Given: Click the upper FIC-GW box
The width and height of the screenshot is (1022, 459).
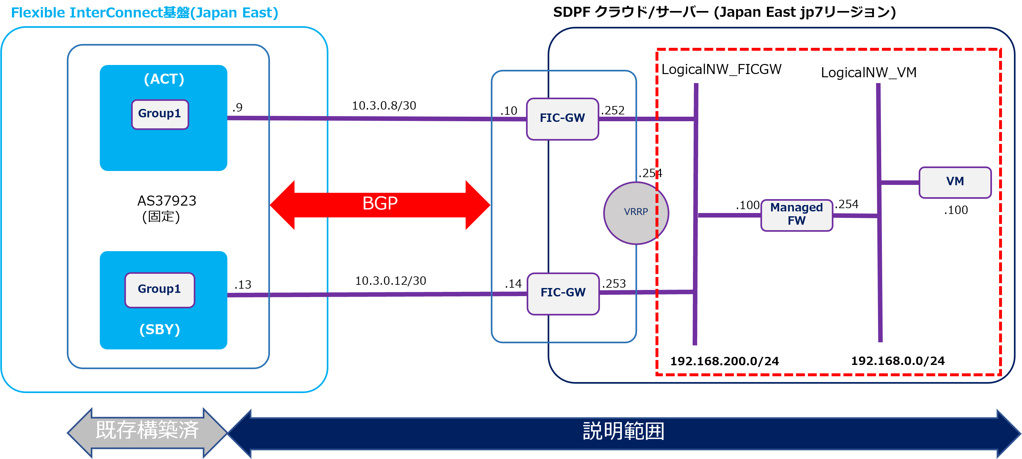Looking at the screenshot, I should tap(562, 119).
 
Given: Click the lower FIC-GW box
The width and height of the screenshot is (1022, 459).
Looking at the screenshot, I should tap(563, 294).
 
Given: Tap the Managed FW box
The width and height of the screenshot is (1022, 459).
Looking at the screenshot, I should tap(796, 215).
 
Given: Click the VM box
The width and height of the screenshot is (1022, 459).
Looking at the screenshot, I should tap(955, 182).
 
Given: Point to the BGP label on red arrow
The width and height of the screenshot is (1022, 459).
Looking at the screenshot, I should tap(380, 204).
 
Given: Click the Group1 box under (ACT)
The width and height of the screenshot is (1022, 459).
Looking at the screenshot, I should tap(160, 114).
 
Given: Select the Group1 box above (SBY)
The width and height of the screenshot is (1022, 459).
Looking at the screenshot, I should tap(160, 289).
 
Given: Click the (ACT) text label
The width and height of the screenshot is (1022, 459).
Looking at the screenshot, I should tap(164, 79).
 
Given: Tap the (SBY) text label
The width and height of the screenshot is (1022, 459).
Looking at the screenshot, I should tap(160, 329).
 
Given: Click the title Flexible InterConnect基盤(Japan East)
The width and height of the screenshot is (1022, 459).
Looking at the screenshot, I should tap(144, 13).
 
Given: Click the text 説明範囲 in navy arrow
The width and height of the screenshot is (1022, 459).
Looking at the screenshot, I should tap(623, 432).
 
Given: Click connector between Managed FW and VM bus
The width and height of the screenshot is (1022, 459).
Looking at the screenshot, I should tap(855, 216).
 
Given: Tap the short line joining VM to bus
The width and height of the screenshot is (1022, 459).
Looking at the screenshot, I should tap(900, 183).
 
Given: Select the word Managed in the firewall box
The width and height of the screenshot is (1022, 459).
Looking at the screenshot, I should tap(796, 208).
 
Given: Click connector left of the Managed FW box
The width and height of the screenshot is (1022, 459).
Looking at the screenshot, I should tap(729, 215).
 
